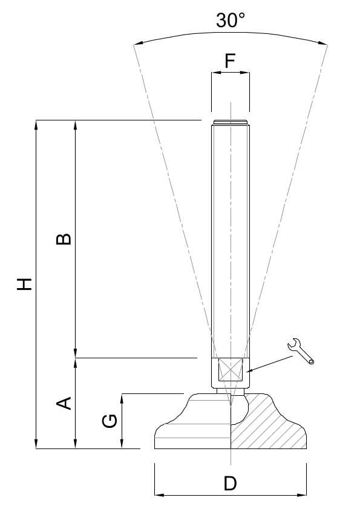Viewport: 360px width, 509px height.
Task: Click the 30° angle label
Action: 231,20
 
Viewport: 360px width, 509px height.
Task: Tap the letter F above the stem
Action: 230,61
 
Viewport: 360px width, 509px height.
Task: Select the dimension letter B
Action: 64,239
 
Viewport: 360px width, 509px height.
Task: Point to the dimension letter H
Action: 25,284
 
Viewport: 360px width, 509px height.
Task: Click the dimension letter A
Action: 64,403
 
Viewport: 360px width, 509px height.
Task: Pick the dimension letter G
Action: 110,421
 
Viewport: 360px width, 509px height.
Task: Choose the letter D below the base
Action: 230,484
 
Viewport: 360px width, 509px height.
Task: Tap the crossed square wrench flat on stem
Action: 231,370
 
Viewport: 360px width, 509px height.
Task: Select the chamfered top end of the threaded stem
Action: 231,123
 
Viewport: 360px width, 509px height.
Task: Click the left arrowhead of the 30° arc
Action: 139,43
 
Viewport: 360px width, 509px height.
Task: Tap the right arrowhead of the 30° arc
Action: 322,43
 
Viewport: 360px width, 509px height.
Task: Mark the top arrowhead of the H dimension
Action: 36,125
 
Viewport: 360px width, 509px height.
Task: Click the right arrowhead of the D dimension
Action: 302,495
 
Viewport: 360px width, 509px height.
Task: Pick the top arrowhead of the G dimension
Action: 122,398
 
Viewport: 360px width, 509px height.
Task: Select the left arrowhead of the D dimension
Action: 159,495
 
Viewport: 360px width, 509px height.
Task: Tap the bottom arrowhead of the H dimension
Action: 36,444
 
